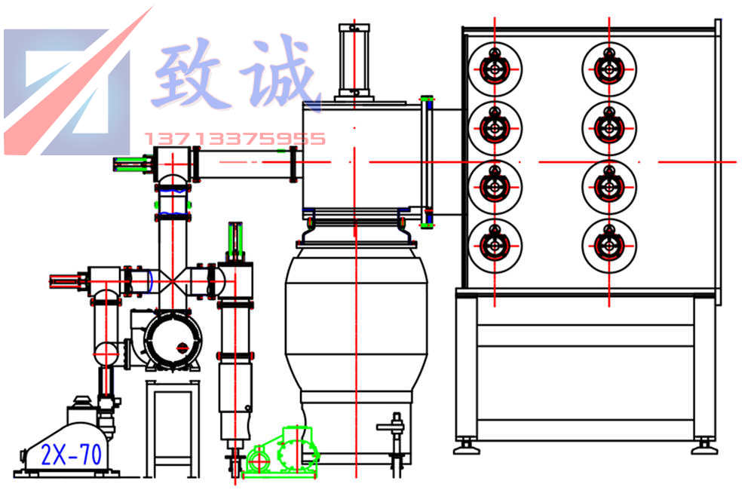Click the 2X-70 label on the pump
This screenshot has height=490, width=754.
[72, 455]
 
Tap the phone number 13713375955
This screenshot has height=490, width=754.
[234, 139]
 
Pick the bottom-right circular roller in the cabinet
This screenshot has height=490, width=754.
[608, 243]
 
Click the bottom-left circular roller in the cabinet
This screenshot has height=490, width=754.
[495, 243]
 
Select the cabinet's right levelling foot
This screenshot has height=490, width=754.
[704, 446]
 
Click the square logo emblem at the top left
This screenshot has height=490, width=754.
[68, 89]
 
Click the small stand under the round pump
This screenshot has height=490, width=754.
[173, 426]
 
